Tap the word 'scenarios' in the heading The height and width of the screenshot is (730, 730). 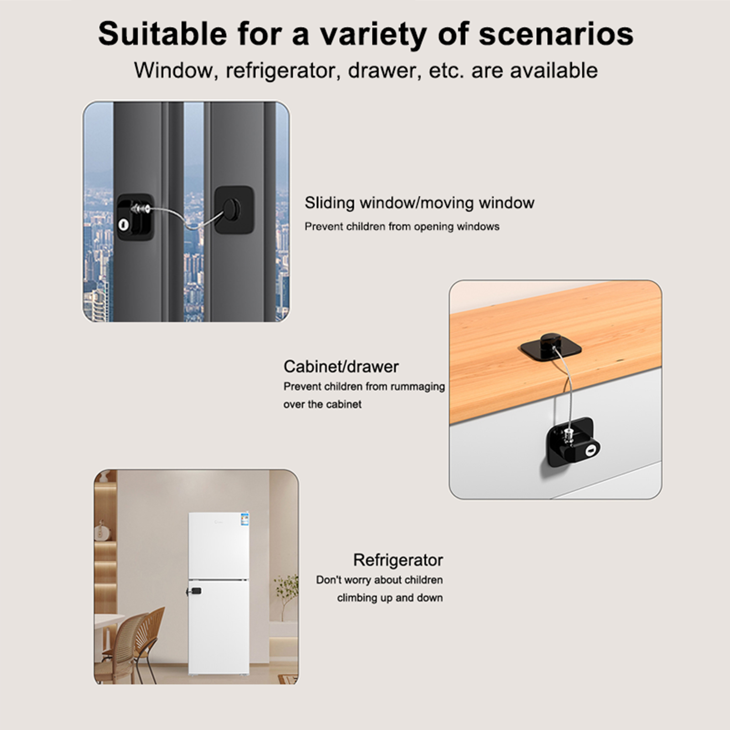pos(556,34)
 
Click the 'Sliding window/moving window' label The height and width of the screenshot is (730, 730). pos(419,203)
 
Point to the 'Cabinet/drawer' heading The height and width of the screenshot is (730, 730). pos(341,366)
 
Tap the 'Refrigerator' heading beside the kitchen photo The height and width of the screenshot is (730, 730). pos(398,560)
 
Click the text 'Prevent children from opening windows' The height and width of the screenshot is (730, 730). pos(402,227)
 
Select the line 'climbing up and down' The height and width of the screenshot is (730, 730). pos(390,598)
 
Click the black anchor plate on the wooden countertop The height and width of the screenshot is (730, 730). pos(550,349)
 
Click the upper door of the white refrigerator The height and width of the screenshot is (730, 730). pos(219,546)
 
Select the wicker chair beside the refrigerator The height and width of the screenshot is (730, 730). pos(137,643)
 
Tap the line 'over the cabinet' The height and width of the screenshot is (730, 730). pos(322,404)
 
